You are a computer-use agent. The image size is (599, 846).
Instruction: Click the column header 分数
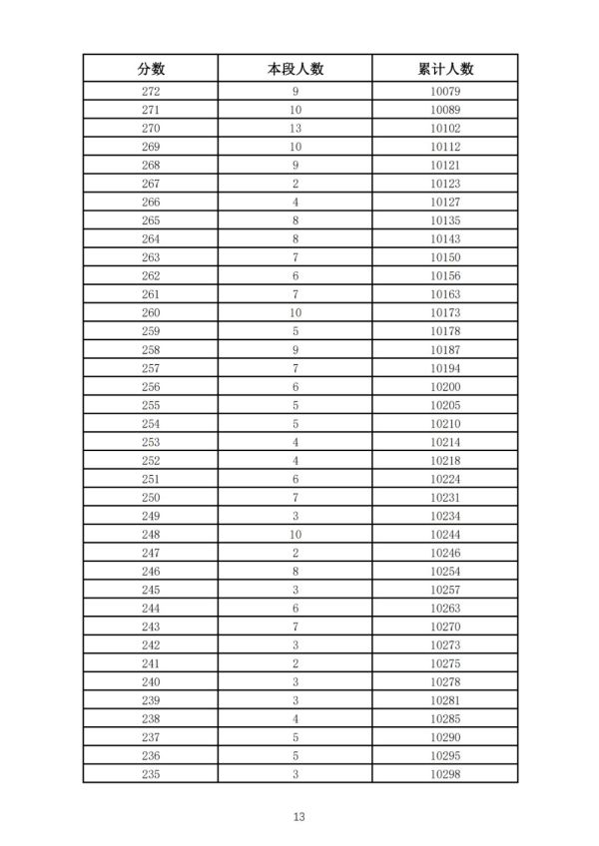[x=151, y=68]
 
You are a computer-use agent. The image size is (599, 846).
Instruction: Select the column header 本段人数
[x=296, y=68]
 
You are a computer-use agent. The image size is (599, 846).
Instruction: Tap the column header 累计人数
[x=445, y=68]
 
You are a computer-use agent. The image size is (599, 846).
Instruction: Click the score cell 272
[x=151, y=91]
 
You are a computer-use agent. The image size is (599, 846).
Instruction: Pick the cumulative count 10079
[x=445, y=91]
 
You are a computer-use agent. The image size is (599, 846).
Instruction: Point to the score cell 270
[x=151, y=128]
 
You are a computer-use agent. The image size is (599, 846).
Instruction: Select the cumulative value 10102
[x=445, y=128]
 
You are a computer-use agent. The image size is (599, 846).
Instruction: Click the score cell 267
[x=151, y=184]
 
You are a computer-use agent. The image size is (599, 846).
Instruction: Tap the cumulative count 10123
[x=445, y=184]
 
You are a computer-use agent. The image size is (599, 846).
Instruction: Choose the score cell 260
[x=151, y=312]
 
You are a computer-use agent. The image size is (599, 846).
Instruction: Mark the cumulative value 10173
[x=445, y=312]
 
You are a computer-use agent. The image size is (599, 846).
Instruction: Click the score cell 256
[x=151, y=386]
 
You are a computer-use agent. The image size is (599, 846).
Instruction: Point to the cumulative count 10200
[x=445, y=386]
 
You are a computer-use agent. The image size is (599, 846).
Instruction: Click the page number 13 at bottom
[x=299, y=816]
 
